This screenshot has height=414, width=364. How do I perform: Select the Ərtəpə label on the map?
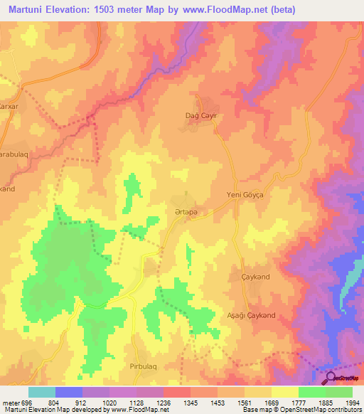pos(184,211)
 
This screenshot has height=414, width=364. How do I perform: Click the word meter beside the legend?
pos(10,403)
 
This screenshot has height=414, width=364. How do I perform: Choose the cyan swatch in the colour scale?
pos(42,392)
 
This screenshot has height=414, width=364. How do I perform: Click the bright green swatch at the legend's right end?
pos(339,392)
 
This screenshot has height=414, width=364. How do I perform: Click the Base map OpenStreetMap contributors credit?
pos(301,410)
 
